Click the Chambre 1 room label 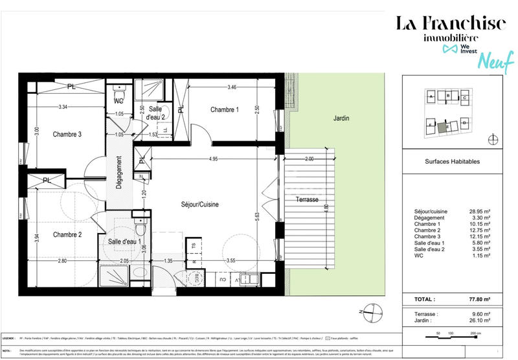225,110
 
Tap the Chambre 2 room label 67,234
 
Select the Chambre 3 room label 67,134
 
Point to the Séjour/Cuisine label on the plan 199,204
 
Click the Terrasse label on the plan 306,199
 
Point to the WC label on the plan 118,102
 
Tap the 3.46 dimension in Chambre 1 231,86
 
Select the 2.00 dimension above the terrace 309,158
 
